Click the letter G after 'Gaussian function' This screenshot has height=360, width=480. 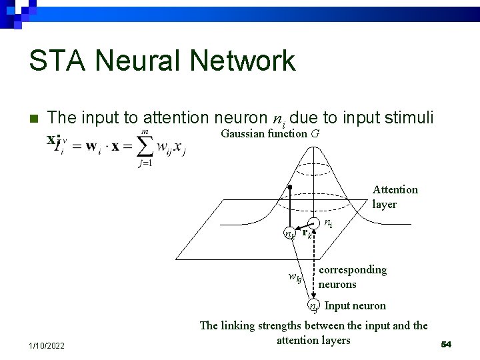click(315, 133)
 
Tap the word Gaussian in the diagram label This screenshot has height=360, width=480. click(243, 133)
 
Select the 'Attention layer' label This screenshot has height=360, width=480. click(395, 197)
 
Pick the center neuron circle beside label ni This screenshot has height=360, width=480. click(313, 223)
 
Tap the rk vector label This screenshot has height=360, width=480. click(307, 234)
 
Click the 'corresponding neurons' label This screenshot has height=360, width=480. click(352, 277)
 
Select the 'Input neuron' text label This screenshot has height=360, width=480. click(355, 306)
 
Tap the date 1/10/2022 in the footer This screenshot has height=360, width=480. click(47, 345)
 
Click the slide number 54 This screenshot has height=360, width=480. click(446, 344)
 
